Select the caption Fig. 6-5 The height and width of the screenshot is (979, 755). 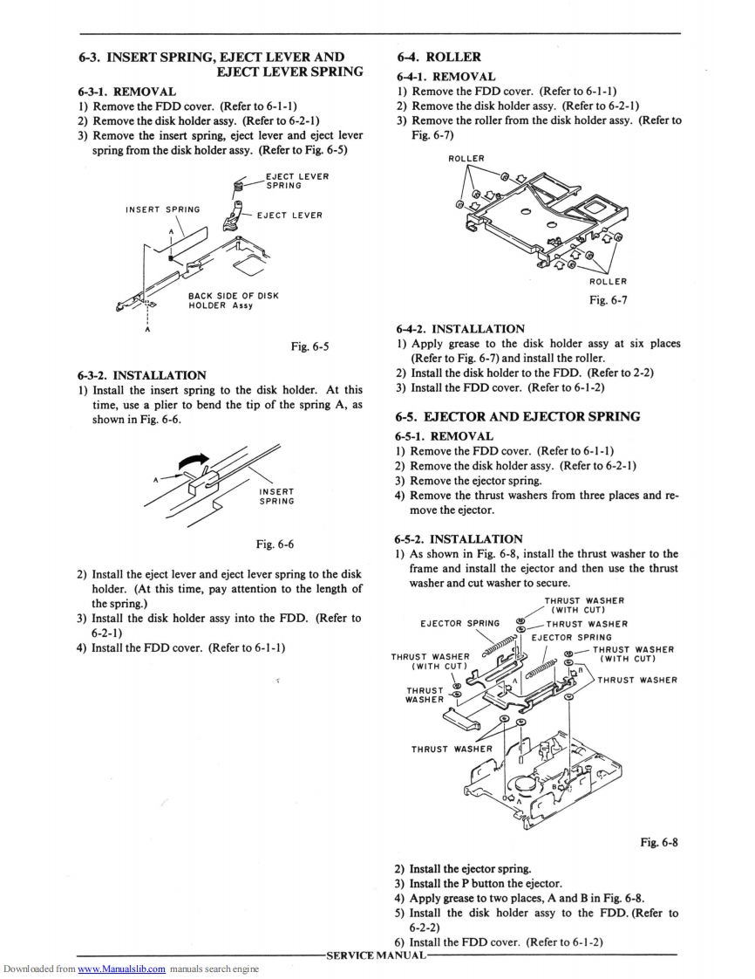click(309, 346)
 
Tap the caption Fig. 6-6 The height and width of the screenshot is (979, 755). click(275, 544)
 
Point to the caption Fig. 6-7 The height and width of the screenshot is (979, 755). click(609, 300)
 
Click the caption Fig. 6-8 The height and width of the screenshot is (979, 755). click(659, 842)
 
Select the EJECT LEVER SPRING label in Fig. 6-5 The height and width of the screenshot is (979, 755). click(297, 181)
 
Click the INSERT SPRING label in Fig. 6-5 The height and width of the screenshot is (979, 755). click(163, 209)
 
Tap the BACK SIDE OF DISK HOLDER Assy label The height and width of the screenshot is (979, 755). click(233, 300)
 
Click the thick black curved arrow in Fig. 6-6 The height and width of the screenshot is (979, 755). click(194, 458)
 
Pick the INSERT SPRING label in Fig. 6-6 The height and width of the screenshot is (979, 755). click(276, 496)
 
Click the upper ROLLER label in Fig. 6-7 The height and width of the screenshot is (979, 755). click(466, 159)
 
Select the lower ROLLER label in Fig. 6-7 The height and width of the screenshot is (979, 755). click(608, 281)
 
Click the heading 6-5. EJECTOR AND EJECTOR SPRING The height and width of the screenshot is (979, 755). click(517, 416)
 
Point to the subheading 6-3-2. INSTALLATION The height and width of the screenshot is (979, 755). click(142, 375)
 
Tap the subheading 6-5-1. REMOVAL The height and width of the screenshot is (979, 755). click(446, 435)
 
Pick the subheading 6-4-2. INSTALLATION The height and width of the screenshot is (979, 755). click(461, 329)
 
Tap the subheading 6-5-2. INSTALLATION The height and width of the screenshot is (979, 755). click(459, 539)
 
